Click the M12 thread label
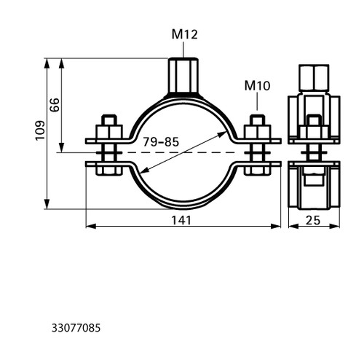click(185, 34)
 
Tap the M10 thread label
click(257, 86)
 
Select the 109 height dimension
click(40, 130)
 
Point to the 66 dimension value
click(55, 105)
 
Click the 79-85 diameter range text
click(161, 142)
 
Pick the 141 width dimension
click(181, 220)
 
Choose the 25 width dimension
click(313, 220)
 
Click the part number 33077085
click(76, 328)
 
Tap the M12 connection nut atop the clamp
click(183, 75)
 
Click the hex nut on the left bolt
click(109, 132)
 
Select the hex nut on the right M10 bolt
click(257, 132)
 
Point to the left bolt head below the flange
click(109, 169)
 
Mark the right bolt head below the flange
click(257, 169)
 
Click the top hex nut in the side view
click(314, 78)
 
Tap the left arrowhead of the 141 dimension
click(91, 226)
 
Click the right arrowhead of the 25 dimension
click(334, 226)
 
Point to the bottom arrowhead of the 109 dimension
click(47, 204)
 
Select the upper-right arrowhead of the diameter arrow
click(222, 134)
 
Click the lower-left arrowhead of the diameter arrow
click(145, 171)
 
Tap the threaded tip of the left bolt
click(109, 120)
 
